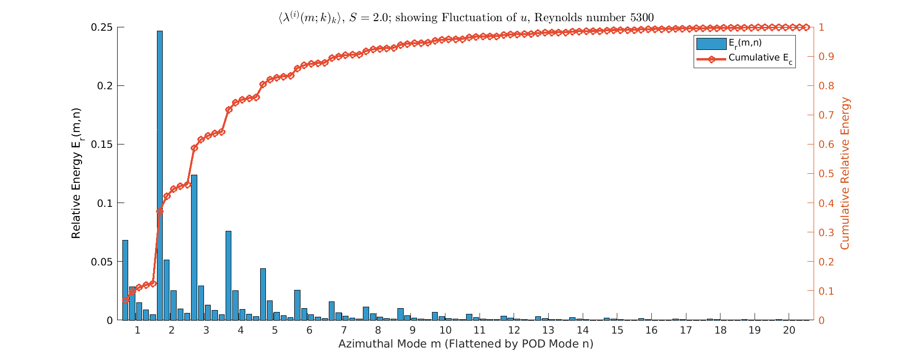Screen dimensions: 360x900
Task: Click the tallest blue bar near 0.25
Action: coord(159,175)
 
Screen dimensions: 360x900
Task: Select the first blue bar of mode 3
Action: coord(194,247)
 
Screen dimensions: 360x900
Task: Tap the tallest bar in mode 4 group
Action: coord(228,276)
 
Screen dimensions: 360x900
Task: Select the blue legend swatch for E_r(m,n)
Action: coord(711,44)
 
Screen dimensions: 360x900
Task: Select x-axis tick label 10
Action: coord(445,330)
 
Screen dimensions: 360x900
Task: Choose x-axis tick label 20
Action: coord(789,330)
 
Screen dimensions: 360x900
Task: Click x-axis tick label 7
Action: coord(344,330)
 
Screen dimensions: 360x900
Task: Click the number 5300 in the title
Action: coord(641,18)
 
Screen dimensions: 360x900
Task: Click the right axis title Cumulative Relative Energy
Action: coord(845,173)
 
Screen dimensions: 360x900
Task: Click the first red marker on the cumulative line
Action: coord(126,300)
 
